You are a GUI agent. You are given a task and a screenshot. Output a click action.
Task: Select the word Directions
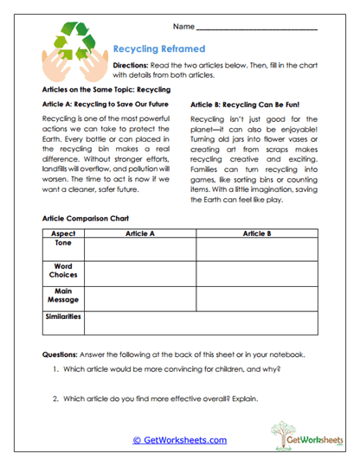click(130, 66)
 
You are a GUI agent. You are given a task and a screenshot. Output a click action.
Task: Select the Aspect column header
click(62, 233)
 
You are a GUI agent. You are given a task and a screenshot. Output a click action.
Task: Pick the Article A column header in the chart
click(139, 233)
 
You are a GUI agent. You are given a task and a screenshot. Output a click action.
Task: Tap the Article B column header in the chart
click(257, 233)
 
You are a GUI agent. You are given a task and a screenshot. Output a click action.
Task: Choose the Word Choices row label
click(62, 271)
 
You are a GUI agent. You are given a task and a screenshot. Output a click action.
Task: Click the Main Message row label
click(62, 296)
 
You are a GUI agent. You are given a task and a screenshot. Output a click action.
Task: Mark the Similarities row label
click(62, 317)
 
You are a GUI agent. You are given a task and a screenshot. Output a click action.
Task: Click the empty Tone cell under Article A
click(139, 249)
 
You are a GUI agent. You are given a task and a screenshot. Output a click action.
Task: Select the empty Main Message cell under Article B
click(257, 298)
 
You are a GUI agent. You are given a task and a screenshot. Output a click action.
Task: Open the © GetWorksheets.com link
click(179, 440)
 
